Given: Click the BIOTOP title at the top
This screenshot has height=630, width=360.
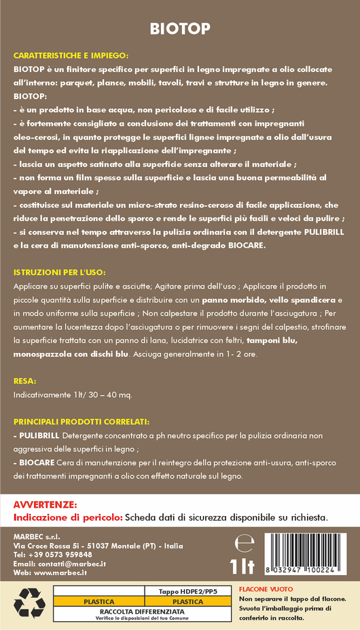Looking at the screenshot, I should (x=180, y=29).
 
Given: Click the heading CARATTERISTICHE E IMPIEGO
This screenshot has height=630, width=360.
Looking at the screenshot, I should (x=71, y=56).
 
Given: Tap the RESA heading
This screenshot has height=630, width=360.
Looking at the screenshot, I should (x=24, y=381).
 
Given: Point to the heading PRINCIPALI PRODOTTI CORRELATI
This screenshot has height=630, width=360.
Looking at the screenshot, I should (x=81, y=422).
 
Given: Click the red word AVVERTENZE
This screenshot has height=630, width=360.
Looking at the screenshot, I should (x=46, y=505).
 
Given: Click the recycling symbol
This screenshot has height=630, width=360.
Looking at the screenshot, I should (x=30, y=601).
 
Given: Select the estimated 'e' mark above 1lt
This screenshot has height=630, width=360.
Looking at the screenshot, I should (x=242, y=543).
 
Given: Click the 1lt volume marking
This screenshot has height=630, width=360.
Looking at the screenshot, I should (x=242, y=566).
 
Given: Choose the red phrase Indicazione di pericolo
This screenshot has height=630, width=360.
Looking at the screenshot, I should (x=68, y=517).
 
